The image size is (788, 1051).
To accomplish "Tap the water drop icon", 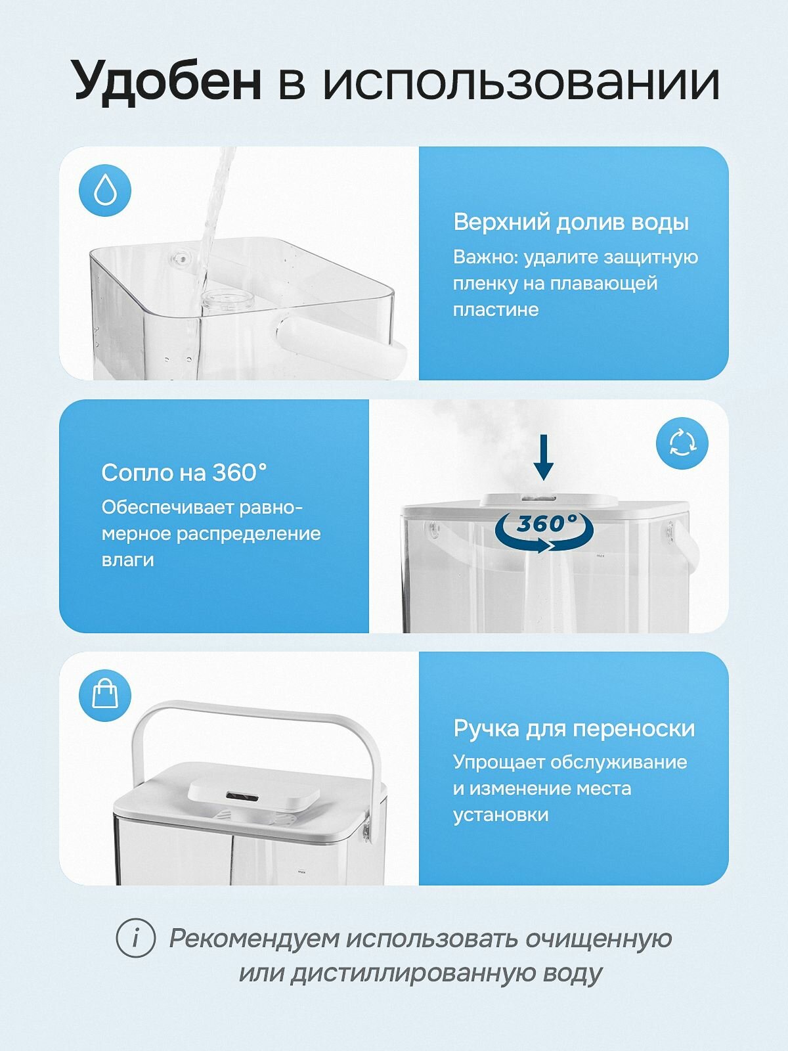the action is click(x=105, y=190).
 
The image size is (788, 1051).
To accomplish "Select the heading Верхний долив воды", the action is click(x=571, y=223).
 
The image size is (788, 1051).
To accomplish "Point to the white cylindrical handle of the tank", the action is click(x=341, y=344).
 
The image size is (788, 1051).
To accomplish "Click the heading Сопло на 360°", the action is click(x=184, y=472).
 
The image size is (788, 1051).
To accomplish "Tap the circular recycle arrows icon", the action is click(x=682, y=443).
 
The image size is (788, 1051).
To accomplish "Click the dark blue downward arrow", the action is click(x=543, y=457).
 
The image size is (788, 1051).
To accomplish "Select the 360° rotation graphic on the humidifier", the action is click(x=545, y=531).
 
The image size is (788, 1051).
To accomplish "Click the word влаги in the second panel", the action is click(x=128, y=560).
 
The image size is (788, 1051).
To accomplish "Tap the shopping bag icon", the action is click(x=105, y=696).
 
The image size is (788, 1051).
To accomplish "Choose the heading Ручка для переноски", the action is click(x=574, y=728).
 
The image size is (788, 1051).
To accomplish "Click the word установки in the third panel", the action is click(x=500, y=814).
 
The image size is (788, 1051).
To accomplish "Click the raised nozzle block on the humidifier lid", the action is click(x=253, y=792).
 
